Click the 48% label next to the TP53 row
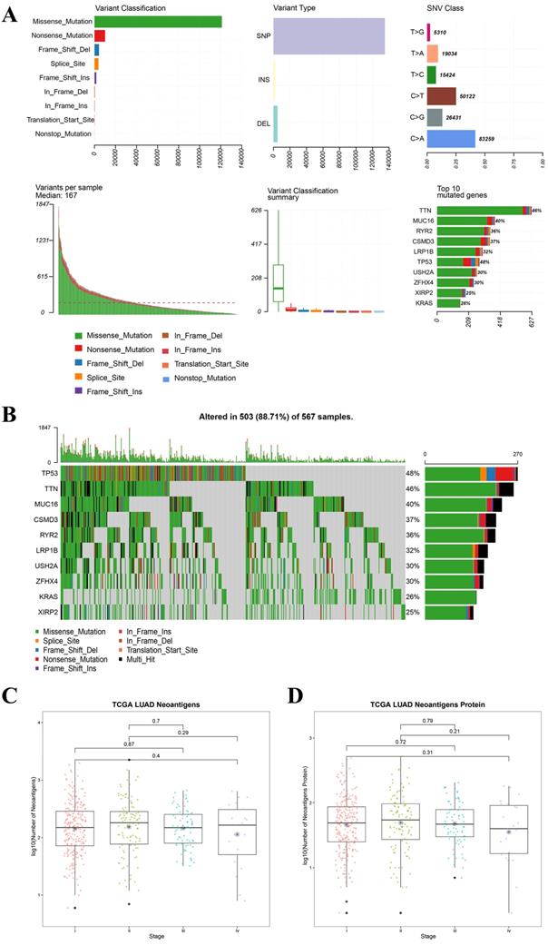coord(412,473)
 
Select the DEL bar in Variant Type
coord(275,124)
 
